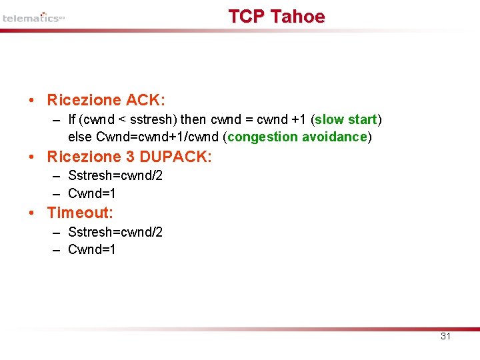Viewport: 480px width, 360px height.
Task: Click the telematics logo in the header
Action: coord(33,18)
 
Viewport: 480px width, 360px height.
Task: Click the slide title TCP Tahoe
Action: coord(277,17)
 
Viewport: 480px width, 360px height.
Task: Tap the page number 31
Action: coord(446,336)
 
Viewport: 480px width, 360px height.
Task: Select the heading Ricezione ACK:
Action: coord(106,100)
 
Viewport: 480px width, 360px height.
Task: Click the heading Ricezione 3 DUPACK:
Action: coord(129,157)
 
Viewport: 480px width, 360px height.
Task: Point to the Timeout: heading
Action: coord(80,213)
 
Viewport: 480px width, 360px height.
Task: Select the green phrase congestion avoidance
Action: coord(297,137)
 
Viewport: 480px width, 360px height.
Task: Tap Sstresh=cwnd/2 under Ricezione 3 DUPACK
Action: coord(115,175)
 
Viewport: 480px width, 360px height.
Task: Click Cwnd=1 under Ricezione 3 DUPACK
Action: coord(92,193)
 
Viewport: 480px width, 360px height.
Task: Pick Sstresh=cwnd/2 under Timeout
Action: coord(115,232)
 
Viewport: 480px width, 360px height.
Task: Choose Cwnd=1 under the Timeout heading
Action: coord(92,249)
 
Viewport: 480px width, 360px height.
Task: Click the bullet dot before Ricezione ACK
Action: coord(32,101)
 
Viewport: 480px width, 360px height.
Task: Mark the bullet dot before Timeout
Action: coord(32,213)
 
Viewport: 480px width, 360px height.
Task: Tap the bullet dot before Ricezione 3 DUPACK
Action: coord(32,157)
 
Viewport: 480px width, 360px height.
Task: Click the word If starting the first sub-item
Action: coord(72,119)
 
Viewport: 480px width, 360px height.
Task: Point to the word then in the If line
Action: coord(194,119)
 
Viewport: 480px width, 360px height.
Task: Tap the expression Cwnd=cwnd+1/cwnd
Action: coord(158,137)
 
